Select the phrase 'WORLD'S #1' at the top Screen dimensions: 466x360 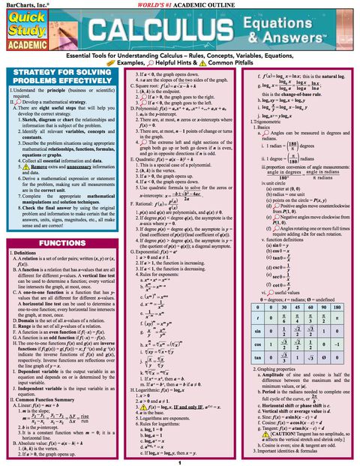click(147, 5)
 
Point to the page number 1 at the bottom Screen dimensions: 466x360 click(180, 461)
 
